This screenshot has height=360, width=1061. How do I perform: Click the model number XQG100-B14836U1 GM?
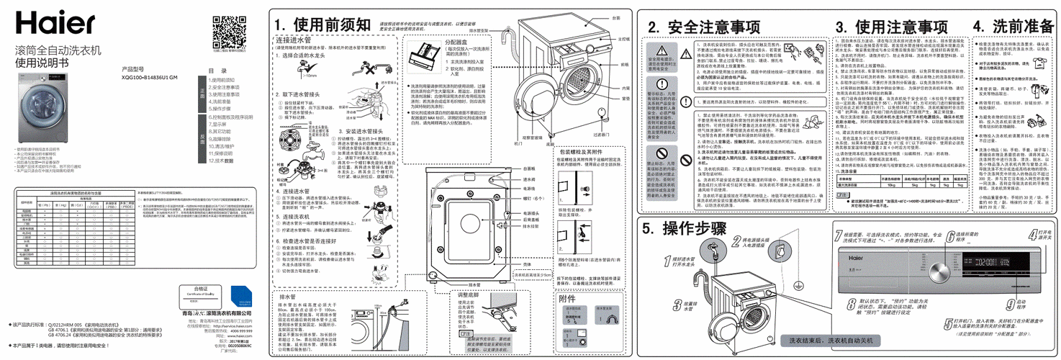point(149,78)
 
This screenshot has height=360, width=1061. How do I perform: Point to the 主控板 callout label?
point(623,38)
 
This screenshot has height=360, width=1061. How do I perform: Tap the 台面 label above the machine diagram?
point(616,17)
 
